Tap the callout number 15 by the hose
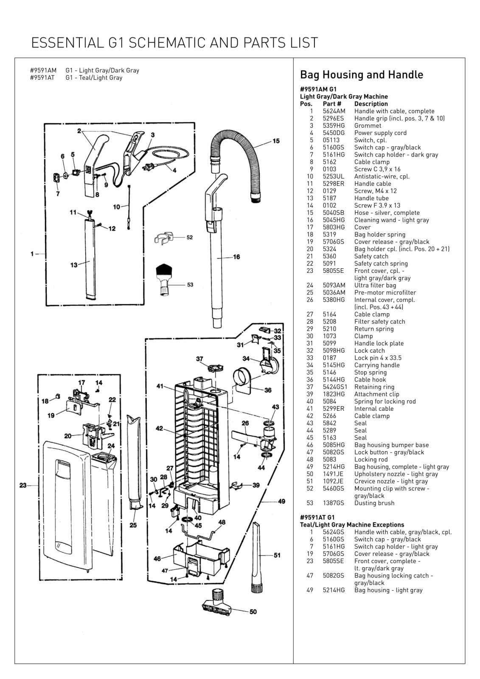[x=276, y=141]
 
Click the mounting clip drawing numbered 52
[x=164, y=238]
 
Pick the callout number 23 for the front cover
[x=23, y=485]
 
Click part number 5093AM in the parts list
[x=334, y=286]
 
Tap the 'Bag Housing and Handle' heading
[x=361, y=75]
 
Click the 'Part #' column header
[x=332, y=104]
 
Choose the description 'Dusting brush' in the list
[x=374, y=503]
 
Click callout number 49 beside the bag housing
[x=281, y=502]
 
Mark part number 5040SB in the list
[x=333, y=213]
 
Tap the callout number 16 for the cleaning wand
[x=236, y=257]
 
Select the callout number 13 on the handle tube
[x=74, y=265]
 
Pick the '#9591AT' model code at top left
[x=42, y=78]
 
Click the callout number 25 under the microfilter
[x=133, y=525]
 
